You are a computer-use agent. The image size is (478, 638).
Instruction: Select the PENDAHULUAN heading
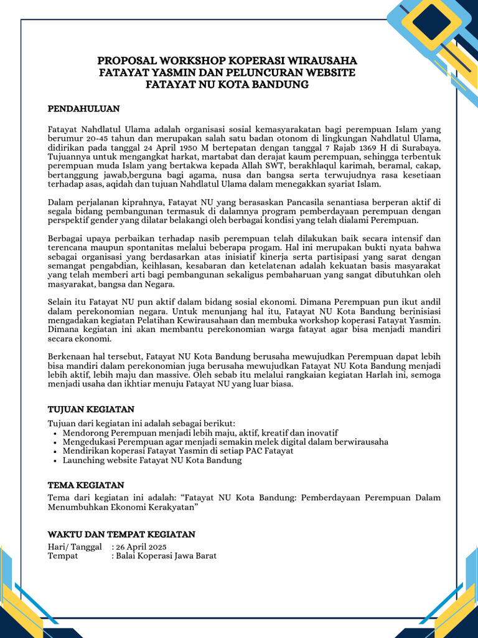pos(83,108)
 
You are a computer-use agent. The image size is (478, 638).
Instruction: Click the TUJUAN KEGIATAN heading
pos(91,409)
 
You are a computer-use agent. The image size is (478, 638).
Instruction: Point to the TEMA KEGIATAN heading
pos(86,485)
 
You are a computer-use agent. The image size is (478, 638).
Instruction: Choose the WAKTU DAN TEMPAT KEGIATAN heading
pos(121,534)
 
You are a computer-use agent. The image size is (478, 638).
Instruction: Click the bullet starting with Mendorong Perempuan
pos(200,433)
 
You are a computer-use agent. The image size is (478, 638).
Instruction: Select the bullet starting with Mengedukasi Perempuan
pos(225,442)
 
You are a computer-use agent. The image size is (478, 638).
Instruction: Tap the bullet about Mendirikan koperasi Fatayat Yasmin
pos(178,451)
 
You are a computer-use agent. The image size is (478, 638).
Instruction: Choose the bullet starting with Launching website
pos(152,460)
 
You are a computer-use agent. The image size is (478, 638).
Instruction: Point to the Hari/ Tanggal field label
pos(75,546)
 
